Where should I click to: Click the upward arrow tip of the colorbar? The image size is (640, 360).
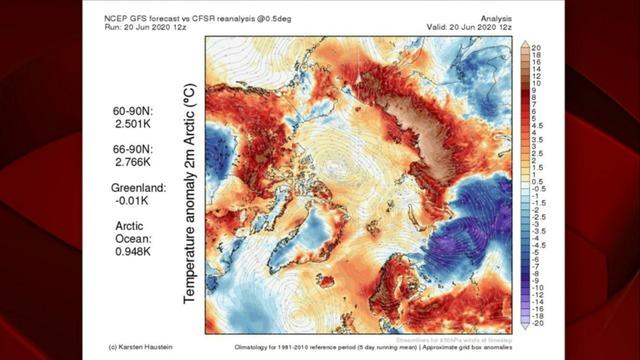click(524, 43)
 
